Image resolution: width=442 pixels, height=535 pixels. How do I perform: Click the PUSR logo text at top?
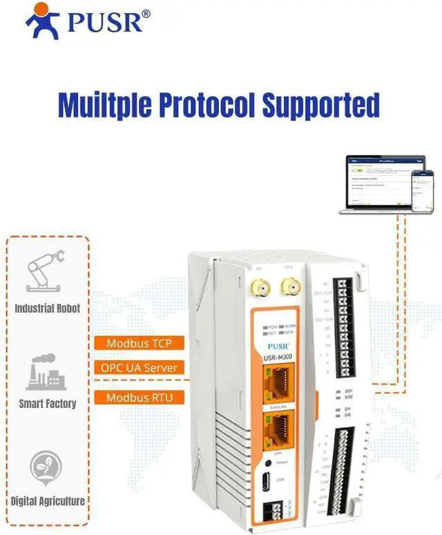(106, 22)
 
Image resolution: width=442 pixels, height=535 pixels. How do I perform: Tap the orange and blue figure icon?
(43, 21)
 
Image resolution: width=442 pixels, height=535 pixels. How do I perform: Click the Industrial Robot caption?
(48, 309)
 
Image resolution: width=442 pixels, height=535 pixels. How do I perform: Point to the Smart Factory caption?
(47, 404)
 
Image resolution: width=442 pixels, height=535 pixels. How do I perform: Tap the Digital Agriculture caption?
(48, 501)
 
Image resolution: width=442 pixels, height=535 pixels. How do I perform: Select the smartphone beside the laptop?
(422, 191)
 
